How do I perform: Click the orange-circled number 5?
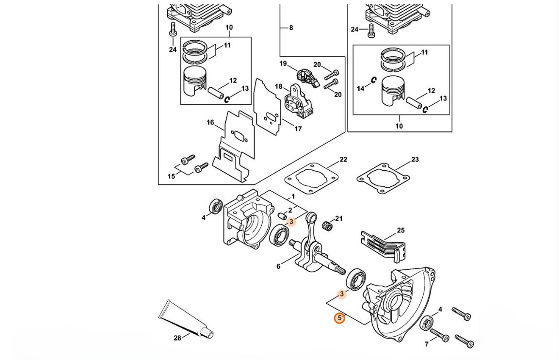[339, 317]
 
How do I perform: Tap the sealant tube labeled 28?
[185, 321]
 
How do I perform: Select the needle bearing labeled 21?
[328, 226]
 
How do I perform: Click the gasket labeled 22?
[311, 179]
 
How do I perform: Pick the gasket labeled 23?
[383, 179]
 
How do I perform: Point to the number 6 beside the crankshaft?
[278, 266]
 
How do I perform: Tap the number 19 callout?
[283, 64]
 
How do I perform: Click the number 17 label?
[298, 129]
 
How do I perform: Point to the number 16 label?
[210, 122]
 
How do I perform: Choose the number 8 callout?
[291, 28]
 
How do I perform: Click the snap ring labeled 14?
[373, 80]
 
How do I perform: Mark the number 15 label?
[171, 176]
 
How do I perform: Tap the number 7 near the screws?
[426, 344]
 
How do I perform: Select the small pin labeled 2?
[282, 215]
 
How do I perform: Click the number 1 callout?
[293, 196]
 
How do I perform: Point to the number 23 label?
[415, 160]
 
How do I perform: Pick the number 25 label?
[401, 230]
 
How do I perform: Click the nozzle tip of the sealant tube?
[211, 335]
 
